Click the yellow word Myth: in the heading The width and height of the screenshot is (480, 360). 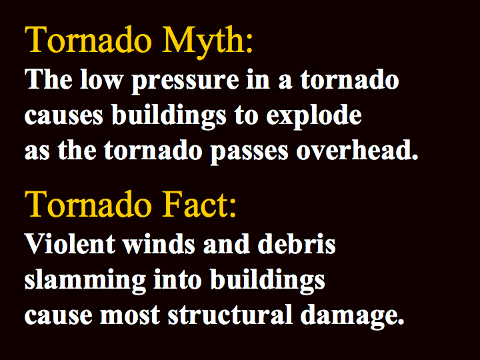tap(207, 42)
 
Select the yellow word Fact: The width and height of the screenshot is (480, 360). tap(199, 204)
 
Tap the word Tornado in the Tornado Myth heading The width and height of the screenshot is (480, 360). tap(88, 39)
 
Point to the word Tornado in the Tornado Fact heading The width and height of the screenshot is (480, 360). tap(88, 204)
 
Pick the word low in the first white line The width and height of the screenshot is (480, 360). tap(101, 79)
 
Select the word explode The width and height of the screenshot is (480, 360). tap(314, 117)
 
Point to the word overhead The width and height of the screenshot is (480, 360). tap(355, 150)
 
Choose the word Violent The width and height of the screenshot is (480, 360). tap(70, 244)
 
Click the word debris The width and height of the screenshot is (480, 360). tap(297, 244)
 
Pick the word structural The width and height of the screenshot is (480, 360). tap(230, 314)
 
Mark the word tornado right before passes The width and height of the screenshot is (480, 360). tap(153, 150)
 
